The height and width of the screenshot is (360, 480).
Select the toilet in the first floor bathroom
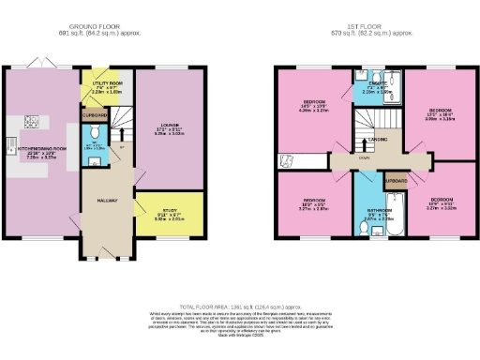(363, 228)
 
